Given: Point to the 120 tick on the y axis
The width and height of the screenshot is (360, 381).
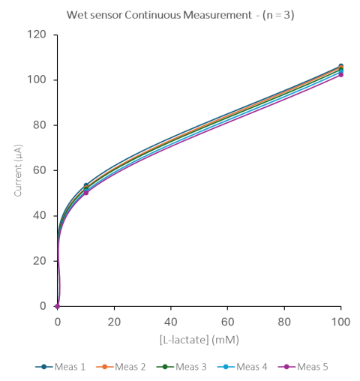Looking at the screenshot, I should pyautogui.click(x=38, y=34).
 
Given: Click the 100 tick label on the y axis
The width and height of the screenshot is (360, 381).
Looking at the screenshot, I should pyautogui.click(x=38, y=79).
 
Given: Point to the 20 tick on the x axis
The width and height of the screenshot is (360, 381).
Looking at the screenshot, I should pyautogui.click(x=114, y=322).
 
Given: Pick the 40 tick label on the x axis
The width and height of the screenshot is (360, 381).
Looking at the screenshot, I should pyautogui.click(x=171, y=322).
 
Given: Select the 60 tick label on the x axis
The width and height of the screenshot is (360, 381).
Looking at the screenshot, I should pyautogui.click(x=228, y=322).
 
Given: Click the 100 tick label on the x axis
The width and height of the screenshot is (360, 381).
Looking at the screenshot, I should pyautogui.click(x=341, y=322).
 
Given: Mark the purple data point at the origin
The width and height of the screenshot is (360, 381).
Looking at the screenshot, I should pyautogui.click(x=58, y=306).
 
